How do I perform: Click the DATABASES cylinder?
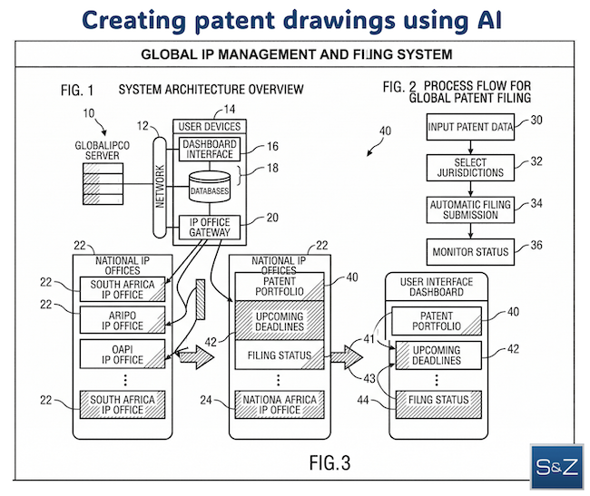point(209,190)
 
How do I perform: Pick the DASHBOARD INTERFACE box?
point(209,150)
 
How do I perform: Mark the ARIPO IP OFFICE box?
point(128,319)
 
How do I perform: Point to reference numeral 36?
point(536,244)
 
